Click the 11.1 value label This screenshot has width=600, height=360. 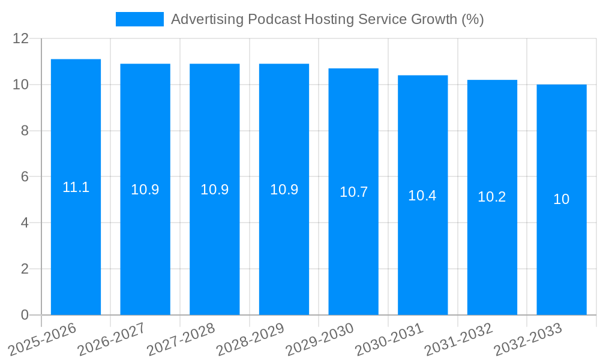(76, 187)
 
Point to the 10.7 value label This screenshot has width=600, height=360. (353, 192)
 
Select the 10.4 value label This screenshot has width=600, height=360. (422, 196)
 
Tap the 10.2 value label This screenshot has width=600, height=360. (492, 197)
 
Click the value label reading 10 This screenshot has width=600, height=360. (562, 200)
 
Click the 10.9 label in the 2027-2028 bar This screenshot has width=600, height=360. (214, 190)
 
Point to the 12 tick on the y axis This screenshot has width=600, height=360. (21, 38)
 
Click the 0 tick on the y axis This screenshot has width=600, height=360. (25, 315)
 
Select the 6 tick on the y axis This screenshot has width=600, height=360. (25, 177)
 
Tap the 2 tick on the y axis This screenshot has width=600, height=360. (25, 269)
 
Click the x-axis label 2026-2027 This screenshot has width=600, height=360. (112, 339)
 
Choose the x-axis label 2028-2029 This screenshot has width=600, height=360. (250, 339)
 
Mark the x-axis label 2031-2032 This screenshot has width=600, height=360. (458, 339)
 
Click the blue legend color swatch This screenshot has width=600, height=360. (139, 19)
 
